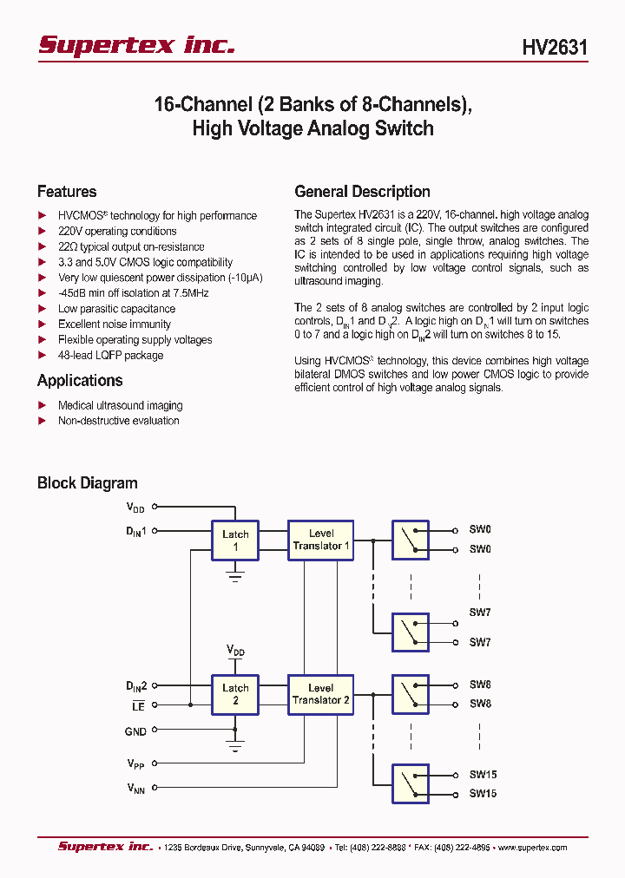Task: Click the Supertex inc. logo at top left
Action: tap(136, 45)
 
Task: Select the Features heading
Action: tap(67, 192)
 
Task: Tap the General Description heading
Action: tap(362, 192)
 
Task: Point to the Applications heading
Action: tap(80, 380)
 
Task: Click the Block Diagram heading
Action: tap(87, 483)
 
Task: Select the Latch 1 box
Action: tap(235, 540)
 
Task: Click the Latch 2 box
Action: tap(235, 694)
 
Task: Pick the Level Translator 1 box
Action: tap(320, 540)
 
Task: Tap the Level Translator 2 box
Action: tap(320, 694)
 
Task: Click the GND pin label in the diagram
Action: tap(135, 731)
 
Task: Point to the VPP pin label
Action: tap(136, 764)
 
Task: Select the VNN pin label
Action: tap(136, 788)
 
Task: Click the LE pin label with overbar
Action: tap(138, 707)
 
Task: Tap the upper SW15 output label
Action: tap(483, 775)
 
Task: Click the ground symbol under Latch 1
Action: tap(235, 574)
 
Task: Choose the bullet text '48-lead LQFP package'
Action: tap(110, 355)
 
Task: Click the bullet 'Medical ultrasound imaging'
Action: tap(120, 405)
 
